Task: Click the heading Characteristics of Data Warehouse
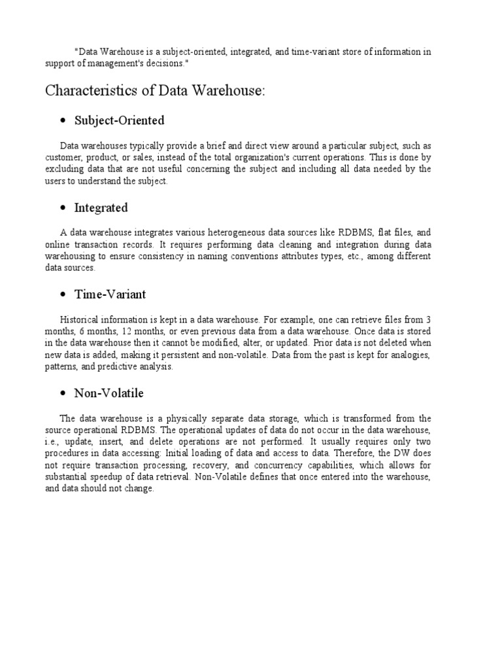[x=156, y=91]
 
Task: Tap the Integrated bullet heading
[x=101, y=208]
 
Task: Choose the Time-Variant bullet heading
[x=110, y=294]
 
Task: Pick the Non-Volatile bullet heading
[x=109, y=393]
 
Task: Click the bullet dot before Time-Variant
[x=63, y=295]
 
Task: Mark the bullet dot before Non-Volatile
[x=63, y=394]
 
